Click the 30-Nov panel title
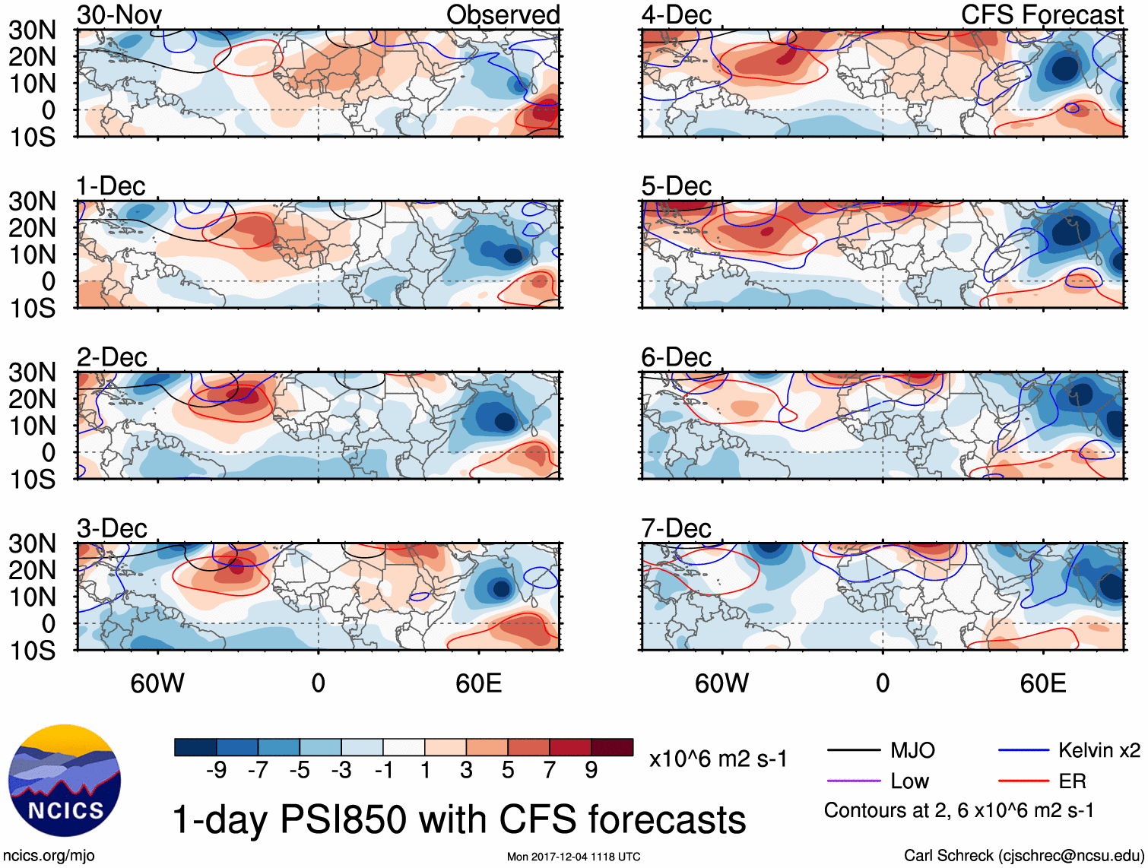[x=119, y=14]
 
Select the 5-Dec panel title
[x=676, y=186]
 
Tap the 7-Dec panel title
[x=676, y=528]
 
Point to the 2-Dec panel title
[x=112, y=357]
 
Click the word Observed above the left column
[x=503, y=14]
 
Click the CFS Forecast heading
[x=1042, y=14]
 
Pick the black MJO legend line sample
[x=853, y=751]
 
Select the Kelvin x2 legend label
[x=1099, y=751]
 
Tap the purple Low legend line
[x=853, y=781]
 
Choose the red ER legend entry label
[x=1072, y=781]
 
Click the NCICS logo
[x=65, y=781]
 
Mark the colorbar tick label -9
[x=217, y=770]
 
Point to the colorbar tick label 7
[x=550, y=770]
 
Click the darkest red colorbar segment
[x=612, y=747]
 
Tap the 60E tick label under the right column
[x=1042, y=683]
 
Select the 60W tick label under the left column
[x=157, y=683]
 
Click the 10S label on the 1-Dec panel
[x=32, y=308]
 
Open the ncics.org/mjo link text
[x=49, y=856]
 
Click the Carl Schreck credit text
[x=1023, y=856]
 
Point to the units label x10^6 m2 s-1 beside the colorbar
[x=718, y=759]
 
